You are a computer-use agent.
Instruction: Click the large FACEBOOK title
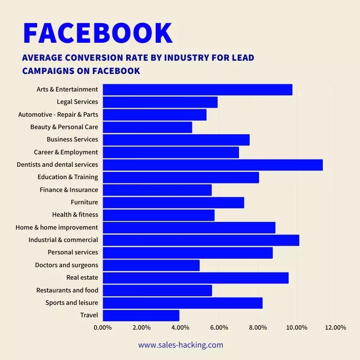(97, 32)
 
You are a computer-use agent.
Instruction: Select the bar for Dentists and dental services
(212, 165)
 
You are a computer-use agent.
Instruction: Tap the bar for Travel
(141, 316)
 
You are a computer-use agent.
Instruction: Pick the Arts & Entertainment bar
(198, 90)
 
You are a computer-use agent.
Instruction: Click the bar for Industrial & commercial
(201, 240)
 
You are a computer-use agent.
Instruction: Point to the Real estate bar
(195, 278)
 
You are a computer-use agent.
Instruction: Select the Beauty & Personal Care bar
(148, 127)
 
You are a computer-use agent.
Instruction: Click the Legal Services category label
(77, 102)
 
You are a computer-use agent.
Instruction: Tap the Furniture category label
(84, 202)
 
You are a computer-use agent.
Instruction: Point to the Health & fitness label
(75, 215)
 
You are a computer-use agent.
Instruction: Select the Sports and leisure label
(72, 303)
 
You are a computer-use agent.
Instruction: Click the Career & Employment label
(66, 152)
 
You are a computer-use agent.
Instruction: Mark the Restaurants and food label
(67, 290)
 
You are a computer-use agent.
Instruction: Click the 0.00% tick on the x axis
(103, 328)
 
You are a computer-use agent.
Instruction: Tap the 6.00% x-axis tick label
(219, 328)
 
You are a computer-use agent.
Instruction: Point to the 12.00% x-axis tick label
(336, 328)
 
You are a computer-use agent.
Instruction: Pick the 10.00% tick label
(297, 328)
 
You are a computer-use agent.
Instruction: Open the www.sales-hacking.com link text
(180, 345)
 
